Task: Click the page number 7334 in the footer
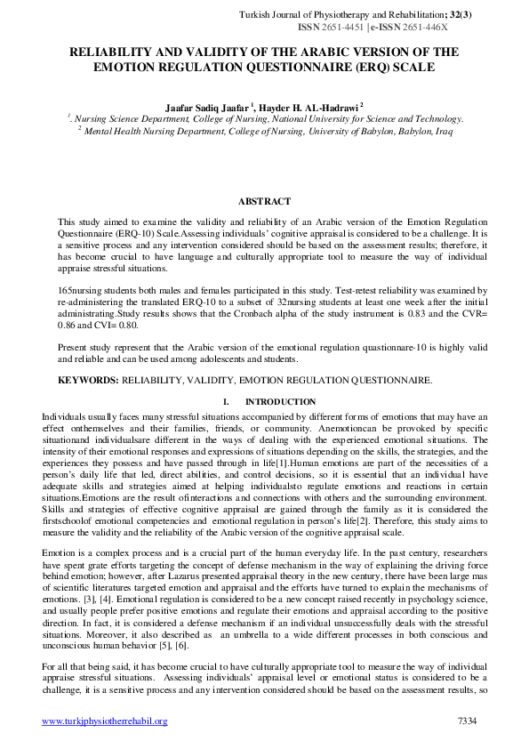coord(468,721)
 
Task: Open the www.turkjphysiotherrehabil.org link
coord(105,721)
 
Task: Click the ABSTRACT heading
coord(264,202)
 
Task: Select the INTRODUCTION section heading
coord(280,402)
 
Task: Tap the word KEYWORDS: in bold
coord(89,381)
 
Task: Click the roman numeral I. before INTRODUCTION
coord(228,402)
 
